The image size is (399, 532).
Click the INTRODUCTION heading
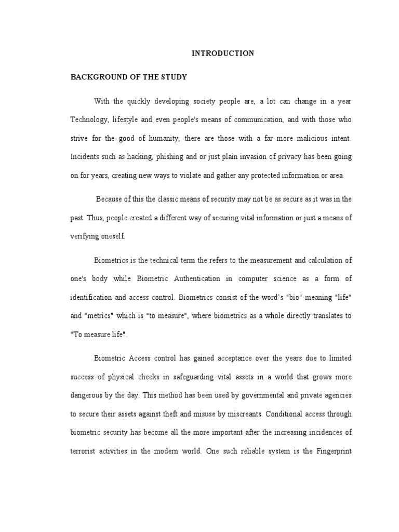pyautogui.click(x=223, y=53)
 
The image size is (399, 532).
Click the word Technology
pyautogui.click(x=89, y=120)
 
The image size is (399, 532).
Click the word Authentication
pyautogui.click(x=193, y=278)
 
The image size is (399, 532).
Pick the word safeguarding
pyautogui.click(x=199, y=376)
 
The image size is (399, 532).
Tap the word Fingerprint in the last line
pyautogui.click(x=332, y=451)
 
